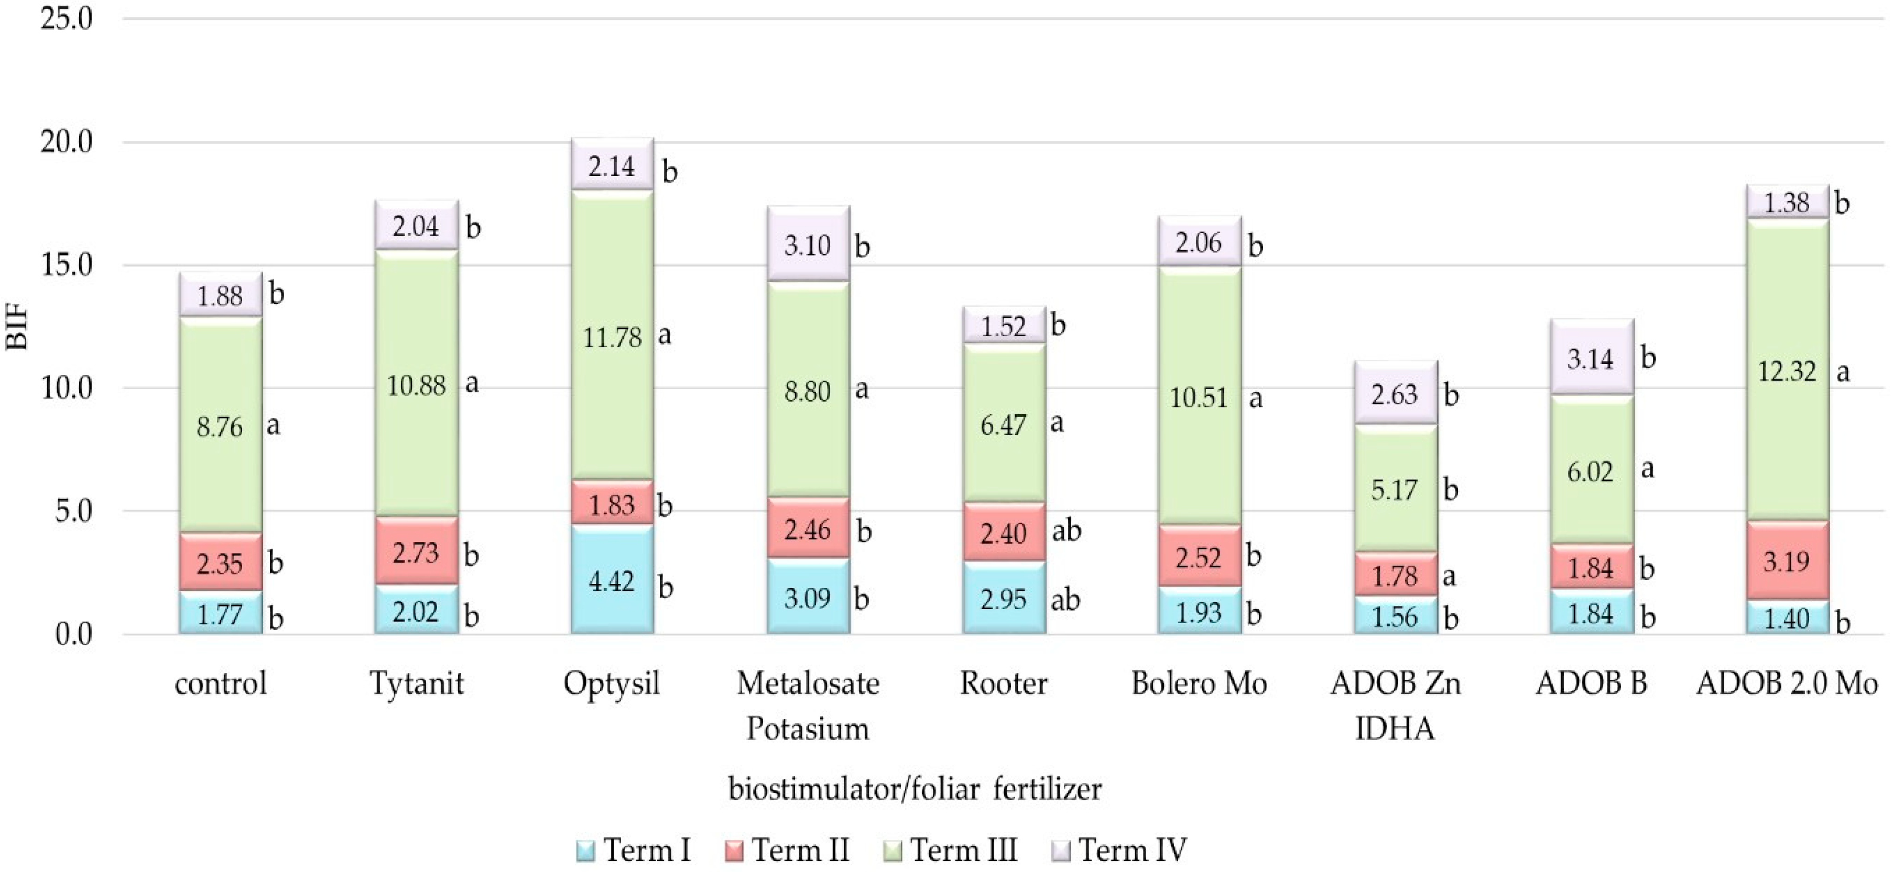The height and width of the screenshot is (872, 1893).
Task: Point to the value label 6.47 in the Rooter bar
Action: click(1003, 425)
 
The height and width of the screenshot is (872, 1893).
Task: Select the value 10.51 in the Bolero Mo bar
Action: click(1199, 398)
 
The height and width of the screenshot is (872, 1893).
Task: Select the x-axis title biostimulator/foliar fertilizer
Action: click(915, 790)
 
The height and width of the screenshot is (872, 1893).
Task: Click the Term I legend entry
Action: click(634, 850)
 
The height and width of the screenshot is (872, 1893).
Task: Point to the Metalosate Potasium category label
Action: click(808, 705)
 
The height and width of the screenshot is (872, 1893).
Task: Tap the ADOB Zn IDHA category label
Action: click(1394, 705)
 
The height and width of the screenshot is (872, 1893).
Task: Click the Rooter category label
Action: click(1003, 684)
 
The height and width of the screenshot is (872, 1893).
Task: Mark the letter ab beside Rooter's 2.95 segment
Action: click(1065, 600)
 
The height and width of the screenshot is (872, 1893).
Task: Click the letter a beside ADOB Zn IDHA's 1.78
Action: click(1449, 576)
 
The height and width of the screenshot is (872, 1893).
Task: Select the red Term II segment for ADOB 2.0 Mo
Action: click(1787, 560)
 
